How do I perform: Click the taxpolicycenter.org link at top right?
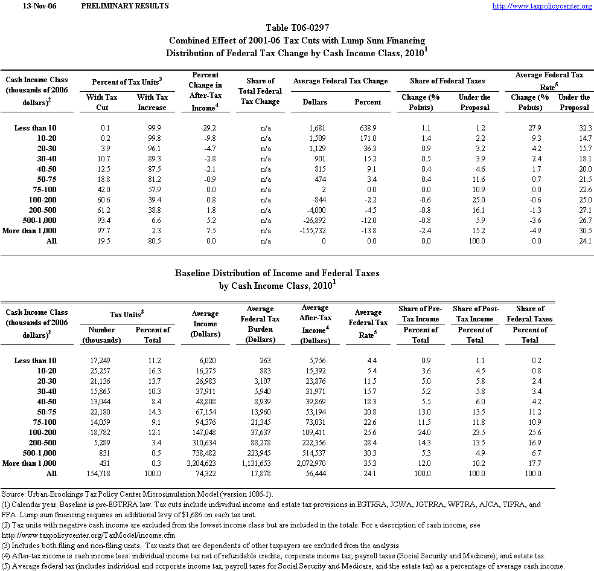pos(542,6)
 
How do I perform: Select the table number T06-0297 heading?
pos(297,28)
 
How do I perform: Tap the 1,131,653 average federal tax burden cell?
pos(260,463)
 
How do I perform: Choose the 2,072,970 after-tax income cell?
pos(315,463)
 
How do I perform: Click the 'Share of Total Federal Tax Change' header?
pos(261,91)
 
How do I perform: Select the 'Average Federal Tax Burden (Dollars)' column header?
pos(260,324)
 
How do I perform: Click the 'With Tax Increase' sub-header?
pos(152,102)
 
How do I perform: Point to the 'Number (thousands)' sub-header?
pos(101,335)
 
